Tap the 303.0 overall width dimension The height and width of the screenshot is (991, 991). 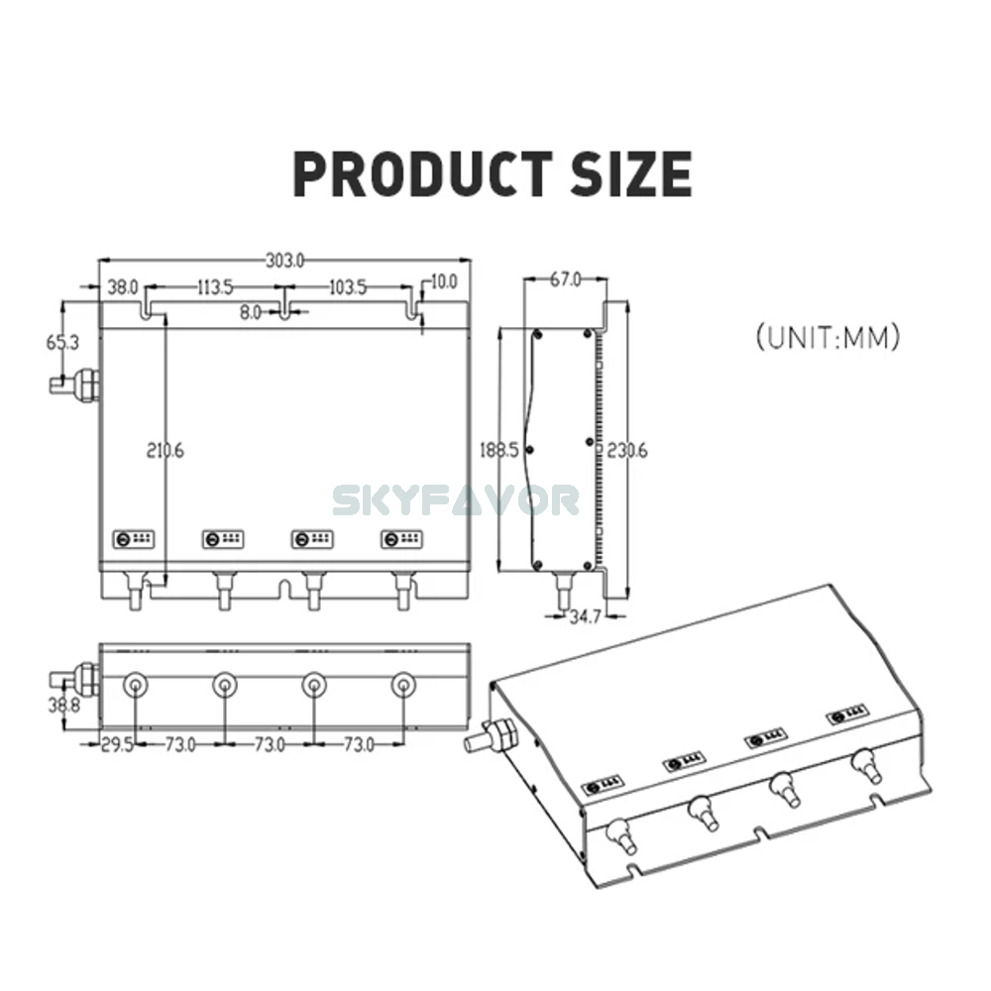point(284,261)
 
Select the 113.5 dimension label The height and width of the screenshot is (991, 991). point(214,287)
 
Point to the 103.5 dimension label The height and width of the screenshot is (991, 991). point(347,287)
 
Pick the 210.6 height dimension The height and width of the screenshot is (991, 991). point(165,450)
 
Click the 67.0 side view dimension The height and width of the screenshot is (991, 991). point(565,279)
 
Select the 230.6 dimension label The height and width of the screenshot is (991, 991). point(626,449)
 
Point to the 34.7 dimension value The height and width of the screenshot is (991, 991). point(585,618)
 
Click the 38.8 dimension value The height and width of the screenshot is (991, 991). point(62,706)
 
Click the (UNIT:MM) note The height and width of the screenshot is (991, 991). point(827,337)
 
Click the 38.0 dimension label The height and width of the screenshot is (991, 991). point(123,287)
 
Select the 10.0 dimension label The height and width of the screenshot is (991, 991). point(442,281)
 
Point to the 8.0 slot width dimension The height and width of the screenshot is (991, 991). point(250,312)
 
